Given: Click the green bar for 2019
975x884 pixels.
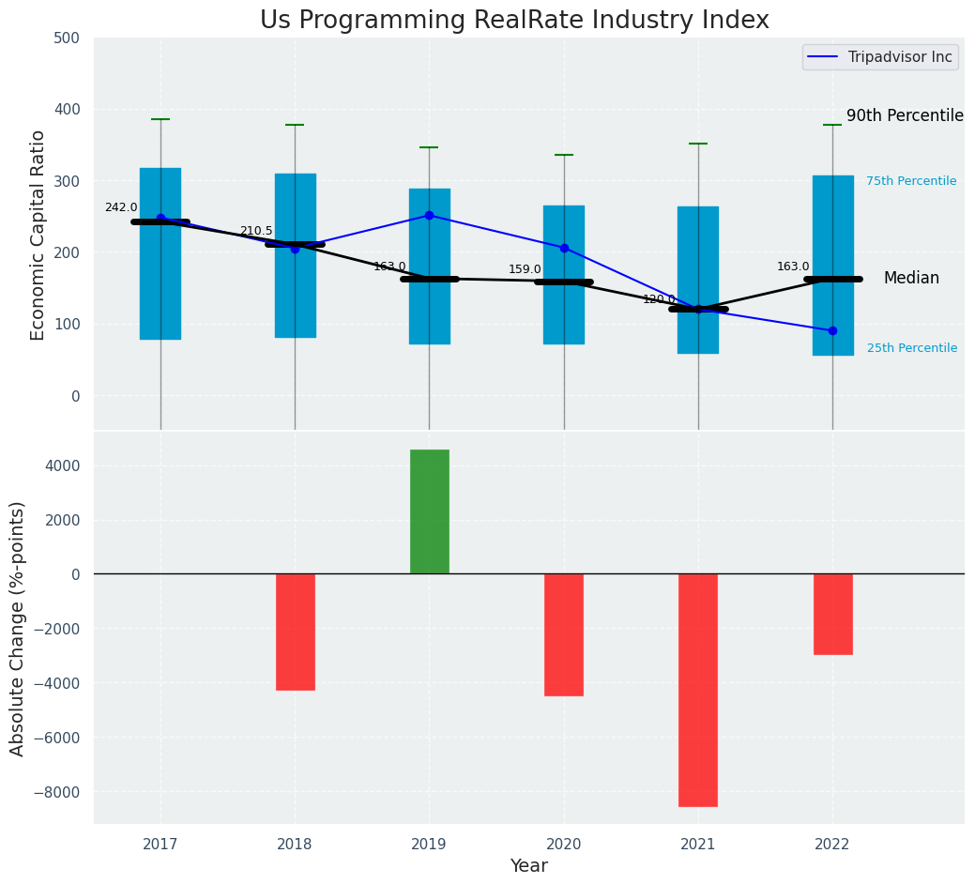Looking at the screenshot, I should pos(429,511).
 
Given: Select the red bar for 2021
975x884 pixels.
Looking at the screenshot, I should pos(698,690).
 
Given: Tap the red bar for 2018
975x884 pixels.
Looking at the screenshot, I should pos(295,632).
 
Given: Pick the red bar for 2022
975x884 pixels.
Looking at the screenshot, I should pos(832,614).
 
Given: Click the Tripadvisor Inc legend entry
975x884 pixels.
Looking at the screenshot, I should pos(880,57).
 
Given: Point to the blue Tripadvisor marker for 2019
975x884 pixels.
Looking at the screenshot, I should pos(429,215).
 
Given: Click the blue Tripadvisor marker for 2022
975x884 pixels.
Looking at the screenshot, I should pos(832,330).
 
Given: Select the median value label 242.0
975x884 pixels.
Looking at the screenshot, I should pos(121,207).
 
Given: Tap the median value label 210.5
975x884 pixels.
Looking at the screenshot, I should pos(256,231).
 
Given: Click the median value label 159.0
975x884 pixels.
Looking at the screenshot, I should pos(525,269).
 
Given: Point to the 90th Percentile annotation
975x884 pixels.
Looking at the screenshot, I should pos(905,115).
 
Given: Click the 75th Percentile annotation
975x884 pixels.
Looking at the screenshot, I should pos(910,181).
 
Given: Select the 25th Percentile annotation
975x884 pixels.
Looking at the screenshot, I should pos(911,348).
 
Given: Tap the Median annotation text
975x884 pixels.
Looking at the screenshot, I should pos(910,279).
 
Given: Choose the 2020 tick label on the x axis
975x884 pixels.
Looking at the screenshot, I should pos(564,845).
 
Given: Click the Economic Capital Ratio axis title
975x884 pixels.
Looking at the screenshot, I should pos(38,235).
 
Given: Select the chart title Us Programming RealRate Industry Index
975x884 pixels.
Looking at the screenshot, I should pos(514,21).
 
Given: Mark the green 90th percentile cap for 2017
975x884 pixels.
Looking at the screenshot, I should pos(160,119).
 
